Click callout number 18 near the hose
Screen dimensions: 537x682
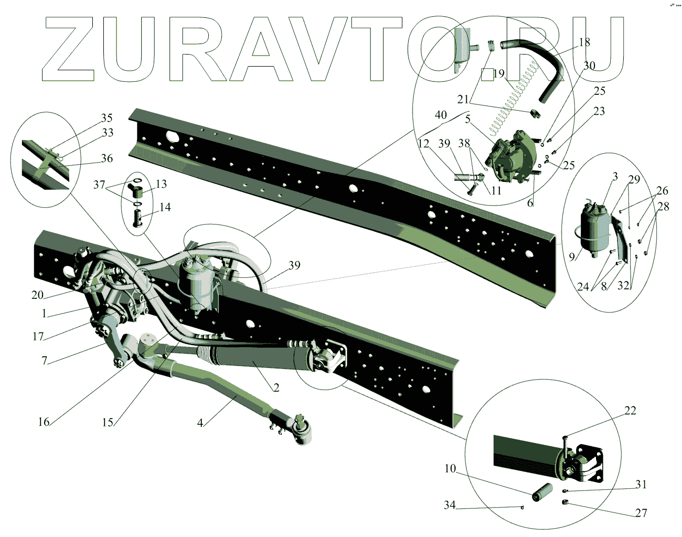[584, 42]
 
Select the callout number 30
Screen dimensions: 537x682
[590, 66]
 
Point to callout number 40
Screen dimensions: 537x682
[441, 115]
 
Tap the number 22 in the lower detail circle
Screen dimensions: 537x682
[630, 411]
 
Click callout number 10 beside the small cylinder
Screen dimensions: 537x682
[450, 468]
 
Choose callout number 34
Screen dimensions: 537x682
[450, 505]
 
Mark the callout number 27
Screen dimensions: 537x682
[641, 513]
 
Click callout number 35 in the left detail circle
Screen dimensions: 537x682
[107, 118]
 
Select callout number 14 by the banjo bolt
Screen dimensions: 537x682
[165, 207]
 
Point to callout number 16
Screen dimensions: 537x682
[44, 421]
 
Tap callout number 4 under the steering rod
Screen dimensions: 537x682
[200, 423]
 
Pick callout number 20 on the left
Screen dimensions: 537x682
[37, 295]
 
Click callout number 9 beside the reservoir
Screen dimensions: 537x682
[572, 257]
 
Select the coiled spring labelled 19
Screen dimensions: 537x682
[511, 102]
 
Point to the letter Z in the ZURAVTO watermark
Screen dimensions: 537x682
[68, 50]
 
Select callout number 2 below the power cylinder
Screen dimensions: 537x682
[276, 388]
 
